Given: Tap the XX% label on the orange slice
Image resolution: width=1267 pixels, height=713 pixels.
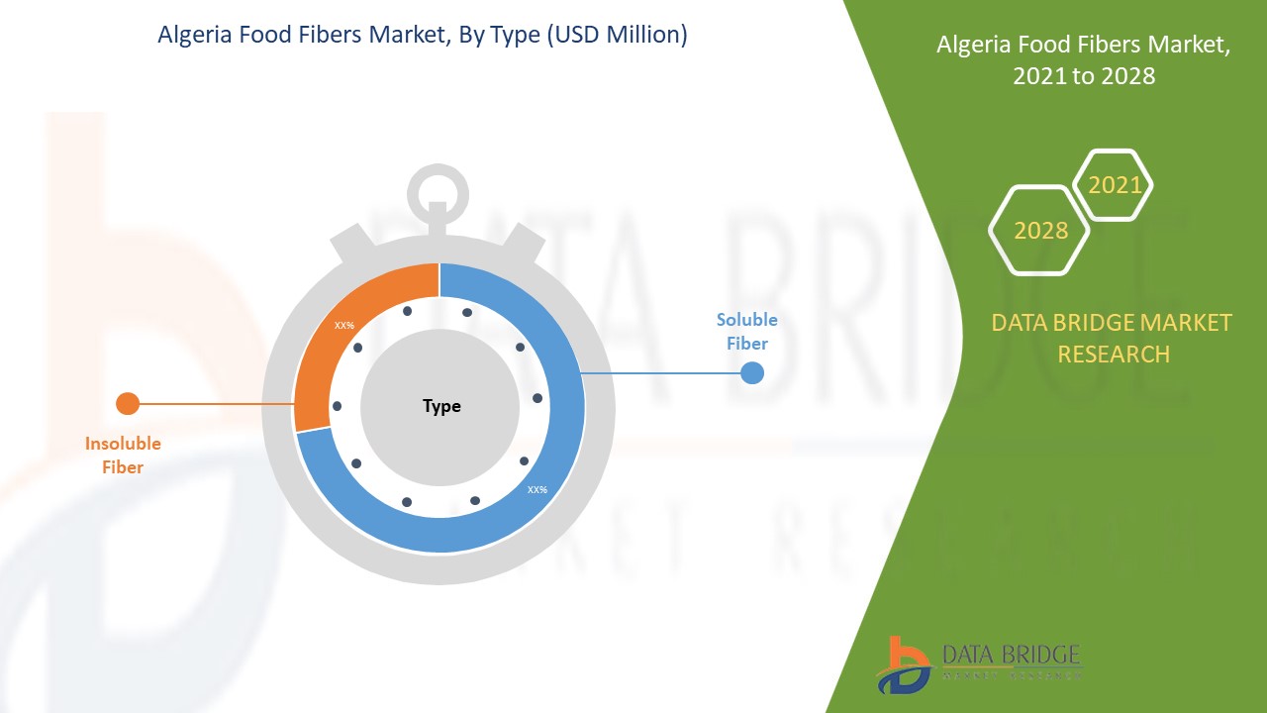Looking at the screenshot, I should click(x=344, y=325).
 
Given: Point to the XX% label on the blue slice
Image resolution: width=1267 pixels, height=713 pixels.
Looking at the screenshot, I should click(x=537, y=489).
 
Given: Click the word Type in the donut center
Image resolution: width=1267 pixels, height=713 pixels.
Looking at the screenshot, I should click(x=441, y=406).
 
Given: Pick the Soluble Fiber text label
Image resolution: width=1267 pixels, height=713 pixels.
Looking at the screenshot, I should click(x=746, y=332).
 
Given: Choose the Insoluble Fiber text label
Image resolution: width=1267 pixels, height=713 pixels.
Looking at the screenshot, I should click(x=123, y=456).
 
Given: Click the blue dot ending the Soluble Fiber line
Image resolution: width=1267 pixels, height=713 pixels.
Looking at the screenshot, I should click(x=752, y=372).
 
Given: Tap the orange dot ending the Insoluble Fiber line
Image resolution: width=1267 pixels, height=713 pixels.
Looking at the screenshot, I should click(x=128, y=403).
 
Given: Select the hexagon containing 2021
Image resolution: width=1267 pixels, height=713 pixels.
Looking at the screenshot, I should click(x=1115, y=185).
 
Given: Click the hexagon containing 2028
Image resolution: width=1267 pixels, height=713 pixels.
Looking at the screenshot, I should click(x=1040, y=231).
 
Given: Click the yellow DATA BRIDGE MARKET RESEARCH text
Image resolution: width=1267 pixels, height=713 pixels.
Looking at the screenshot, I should click(x=1113, y=338).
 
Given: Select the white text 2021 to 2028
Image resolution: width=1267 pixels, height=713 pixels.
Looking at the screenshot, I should click(x=1084, y=75).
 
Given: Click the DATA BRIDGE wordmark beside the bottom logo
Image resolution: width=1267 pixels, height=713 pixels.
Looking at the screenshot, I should click(x=1011, y=656).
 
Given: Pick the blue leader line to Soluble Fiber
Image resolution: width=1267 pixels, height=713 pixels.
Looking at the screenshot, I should click(x=663, y=373).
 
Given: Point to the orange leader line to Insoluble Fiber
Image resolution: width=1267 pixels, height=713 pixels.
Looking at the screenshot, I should click(x=213, y=404).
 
